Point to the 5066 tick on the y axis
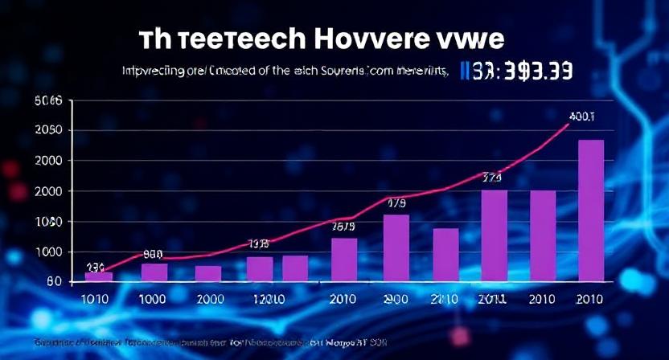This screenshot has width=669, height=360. tap(48, 101)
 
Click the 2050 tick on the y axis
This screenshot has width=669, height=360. tap(48, 131)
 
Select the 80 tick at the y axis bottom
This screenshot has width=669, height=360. tap(54, 281)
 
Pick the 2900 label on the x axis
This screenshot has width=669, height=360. tap(396, 299)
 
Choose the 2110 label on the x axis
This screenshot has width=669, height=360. tap(444, 299)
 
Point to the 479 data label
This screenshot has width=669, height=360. tap(396, 203)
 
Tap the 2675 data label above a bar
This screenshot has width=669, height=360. tap(344, 227)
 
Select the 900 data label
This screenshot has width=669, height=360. tap(153, 253)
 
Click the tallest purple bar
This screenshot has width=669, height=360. tap(591, 211)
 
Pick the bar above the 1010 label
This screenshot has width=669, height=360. tap(99, 276)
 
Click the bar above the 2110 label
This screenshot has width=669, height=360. tap(445, 255)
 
